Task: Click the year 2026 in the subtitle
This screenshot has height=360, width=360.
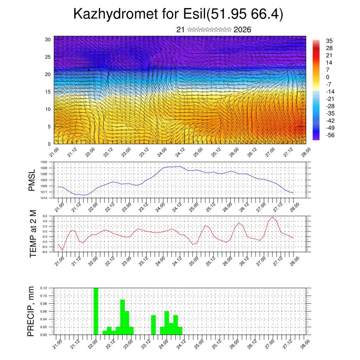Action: [x=242, y=30]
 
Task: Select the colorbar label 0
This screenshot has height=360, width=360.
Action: [x=327, y=77]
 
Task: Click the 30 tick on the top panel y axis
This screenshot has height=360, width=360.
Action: [x=48, y=39]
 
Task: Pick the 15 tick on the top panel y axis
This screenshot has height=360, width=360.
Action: [x=48, y=92]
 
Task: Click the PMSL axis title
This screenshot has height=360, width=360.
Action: [x=32, y=180]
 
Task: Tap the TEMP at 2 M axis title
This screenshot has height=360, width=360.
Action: [x=33, y=234]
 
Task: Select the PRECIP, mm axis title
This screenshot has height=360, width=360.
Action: [x=32, y=311]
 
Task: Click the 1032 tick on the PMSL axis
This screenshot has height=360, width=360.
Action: [x=44, y=162]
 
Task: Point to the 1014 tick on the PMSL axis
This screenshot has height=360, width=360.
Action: [x=44, y=198]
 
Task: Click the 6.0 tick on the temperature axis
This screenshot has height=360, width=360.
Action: [x=45, y=216]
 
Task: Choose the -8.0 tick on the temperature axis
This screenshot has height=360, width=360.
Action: [x=45, y=252]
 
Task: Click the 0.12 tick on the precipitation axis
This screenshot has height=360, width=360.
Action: [x=43, y=288]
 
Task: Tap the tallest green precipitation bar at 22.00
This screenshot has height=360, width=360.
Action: [x=96, y=311]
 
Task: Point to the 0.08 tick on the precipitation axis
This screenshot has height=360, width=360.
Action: [x=43, y=303]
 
